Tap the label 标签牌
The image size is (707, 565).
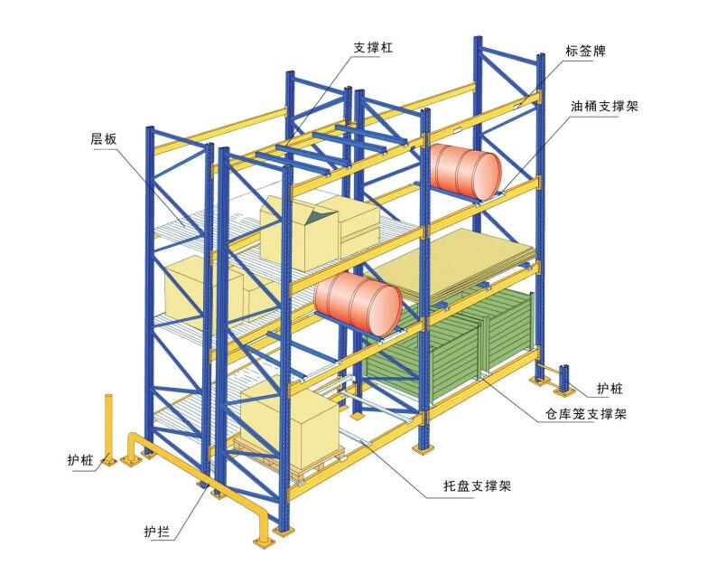coord(584,51)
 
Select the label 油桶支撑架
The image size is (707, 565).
coord(604,106)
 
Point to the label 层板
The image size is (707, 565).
coord(103,139)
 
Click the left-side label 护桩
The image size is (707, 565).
coord(79,460)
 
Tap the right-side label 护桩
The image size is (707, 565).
coord(609,389)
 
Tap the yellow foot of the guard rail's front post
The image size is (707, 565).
coord(263,541)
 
